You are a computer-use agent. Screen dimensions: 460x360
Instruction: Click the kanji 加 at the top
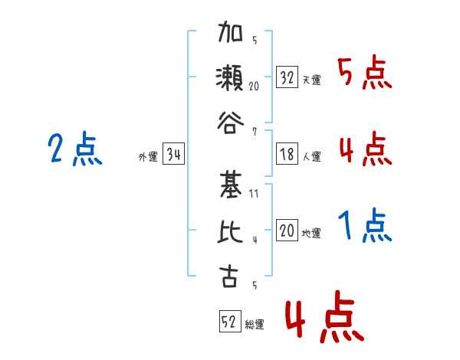point(230,31)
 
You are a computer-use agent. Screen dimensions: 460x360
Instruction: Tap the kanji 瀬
point(230,77)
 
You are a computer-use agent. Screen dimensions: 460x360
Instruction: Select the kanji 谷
point(230,123)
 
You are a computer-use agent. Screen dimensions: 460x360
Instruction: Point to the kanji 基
point(231,185)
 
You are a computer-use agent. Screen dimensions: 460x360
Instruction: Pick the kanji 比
point(230,231)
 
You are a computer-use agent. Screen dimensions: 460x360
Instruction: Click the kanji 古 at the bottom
point(229,277)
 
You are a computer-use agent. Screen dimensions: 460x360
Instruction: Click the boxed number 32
point(287,77)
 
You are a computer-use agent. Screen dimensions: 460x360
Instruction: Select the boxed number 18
point(287,154)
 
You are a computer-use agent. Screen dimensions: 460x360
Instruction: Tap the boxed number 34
point(173,153)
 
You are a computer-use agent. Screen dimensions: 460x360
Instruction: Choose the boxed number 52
point(230,321)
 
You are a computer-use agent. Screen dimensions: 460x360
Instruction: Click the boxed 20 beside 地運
point(287,230)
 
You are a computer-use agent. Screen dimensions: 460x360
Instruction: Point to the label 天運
point(312,80)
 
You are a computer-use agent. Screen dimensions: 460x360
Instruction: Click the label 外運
point(148,156)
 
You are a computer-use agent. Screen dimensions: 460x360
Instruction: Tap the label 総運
point(255,324)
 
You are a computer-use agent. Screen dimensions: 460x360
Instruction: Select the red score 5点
point(365,73)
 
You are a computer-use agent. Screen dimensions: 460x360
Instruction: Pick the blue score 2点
point(75,149)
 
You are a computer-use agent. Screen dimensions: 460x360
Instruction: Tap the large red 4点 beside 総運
point(325,316)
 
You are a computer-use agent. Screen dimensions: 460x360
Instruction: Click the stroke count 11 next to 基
point(254,194)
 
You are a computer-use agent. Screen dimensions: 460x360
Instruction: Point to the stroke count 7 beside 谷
point(255,132)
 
